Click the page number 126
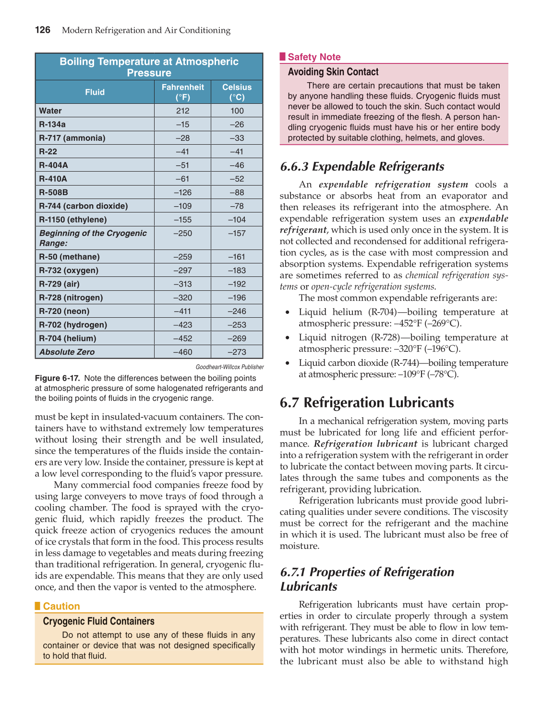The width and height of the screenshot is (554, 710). (43, 30)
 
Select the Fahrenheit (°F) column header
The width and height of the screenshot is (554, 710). (182, 92)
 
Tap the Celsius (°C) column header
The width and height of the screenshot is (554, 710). (237, 92)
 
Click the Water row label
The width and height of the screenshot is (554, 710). (50, 111)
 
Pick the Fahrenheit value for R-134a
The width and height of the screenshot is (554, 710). (182, 125)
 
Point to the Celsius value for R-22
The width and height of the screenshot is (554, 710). (237, 151)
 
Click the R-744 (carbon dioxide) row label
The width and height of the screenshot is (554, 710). (84, 206)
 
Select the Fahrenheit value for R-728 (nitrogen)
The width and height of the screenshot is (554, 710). (182, 298)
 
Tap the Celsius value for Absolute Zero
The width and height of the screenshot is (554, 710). (237, 352)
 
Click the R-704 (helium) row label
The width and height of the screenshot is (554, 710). (68, 338)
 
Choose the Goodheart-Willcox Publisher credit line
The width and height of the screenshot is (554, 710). (229, 367)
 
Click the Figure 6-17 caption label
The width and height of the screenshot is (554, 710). (57, 378)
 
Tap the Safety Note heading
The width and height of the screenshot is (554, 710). (314, 57)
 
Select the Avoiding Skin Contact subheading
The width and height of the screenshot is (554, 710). (333, 72)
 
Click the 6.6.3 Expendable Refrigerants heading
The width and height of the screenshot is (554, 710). (362, 167)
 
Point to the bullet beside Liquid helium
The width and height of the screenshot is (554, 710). (287, 312)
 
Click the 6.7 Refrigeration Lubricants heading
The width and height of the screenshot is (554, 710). (367, 402)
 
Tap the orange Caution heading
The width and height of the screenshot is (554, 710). (61, 606)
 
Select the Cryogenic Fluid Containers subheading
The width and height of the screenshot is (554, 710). (98, 622)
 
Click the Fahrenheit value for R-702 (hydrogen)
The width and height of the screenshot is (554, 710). (182, 325)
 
